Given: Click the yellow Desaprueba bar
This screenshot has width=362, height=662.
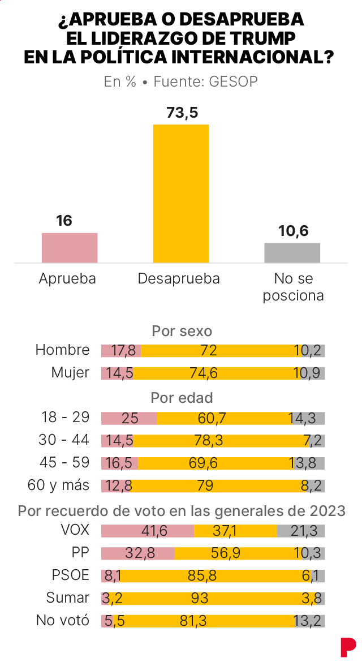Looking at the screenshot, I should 181,193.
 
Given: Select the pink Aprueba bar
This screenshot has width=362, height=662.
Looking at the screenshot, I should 70,247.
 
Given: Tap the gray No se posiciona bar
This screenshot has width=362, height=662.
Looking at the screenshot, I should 292,252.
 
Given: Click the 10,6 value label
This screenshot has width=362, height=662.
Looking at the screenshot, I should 293,231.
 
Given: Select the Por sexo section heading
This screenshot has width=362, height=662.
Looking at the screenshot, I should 182,330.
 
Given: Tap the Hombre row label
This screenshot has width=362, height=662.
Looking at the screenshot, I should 63,350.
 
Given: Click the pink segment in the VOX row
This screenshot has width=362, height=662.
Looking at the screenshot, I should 148,531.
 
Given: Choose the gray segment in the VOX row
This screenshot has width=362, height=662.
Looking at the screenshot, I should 301,531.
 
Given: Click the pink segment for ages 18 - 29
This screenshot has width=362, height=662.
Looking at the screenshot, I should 129,418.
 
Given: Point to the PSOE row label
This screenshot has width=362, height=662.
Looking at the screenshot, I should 71,575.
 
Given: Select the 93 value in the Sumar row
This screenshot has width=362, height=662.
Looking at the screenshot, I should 199,598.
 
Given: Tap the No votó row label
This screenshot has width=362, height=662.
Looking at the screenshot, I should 63,620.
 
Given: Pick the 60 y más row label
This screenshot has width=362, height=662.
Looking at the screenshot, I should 59,485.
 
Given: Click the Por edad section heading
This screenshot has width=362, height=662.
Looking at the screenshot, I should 182,398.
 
